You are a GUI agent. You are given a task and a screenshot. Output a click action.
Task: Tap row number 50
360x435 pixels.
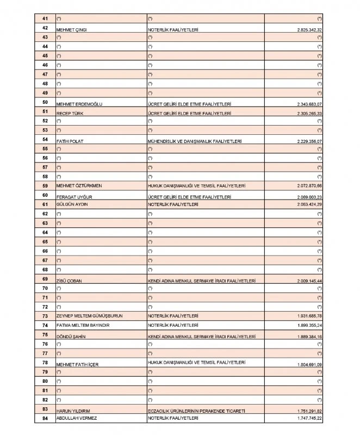click(45, 103)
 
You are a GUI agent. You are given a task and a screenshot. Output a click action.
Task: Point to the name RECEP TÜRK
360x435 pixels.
click(68, 114)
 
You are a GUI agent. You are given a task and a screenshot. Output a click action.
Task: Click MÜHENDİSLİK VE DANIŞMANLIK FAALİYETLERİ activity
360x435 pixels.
click(194, 141)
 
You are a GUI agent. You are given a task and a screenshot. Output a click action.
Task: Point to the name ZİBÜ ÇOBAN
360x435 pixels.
click(69, 281)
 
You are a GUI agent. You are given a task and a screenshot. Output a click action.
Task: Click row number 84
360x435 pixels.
click(45, 418)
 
